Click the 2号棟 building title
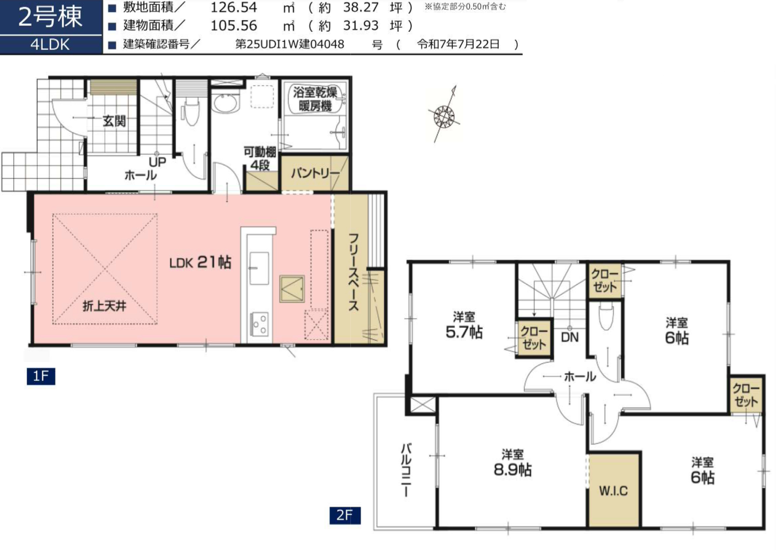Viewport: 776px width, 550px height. click(x=50, y=17)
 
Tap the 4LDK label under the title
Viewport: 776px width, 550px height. click(x=50, y=45)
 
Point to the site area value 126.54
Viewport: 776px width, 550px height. click(x=234, y=7)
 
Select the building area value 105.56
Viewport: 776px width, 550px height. click(x=234, y=26)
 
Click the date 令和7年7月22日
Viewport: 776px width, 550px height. click(x=458, y=44)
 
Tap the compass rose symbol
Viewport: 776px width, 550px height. click(x=444, y=115)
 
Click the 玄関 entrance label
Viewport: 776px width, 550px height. click(x=114, y=121)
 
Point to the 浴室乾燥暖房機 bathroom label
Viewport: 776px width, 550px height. click(x=315, y=99)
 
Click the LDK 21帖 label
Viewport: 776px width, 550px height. click(x=200, y=262)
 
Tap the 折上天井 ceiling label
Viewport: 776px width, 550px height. click(x=104, y=306)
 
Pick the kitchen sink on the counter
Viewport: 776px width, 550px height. click(x=259, y=268)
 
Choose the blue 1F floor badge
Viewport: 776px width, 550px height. click(x=41, y=376)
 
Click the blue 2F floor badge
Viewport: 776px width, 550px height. click(x=345, y=515)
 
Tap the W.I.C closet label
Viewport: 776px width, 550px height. click(x=613, y=491)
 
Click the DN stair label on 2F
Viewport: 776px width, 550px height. click(x=570, y=337)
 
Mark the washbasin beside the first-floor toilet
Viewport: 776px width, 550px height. click(x=226, y=103)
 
